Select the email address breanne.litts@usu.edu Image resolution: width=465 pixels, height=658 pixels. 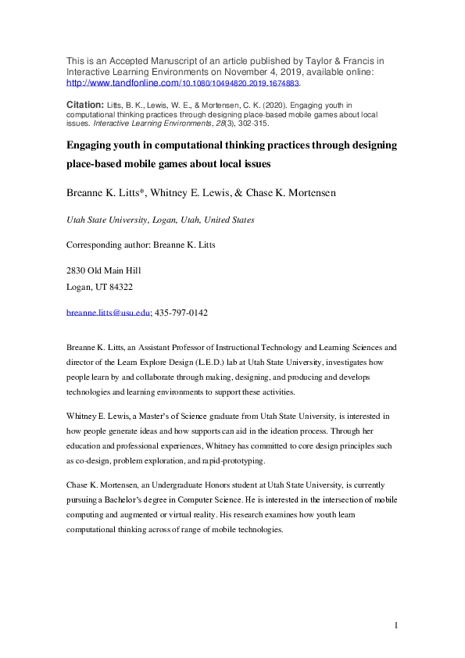click(108, 313)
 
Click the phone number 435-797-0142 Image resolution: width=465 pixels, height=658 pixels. click(182, 313)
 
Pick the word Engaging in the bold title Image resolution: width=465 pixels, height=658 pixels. click(93, 145)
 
